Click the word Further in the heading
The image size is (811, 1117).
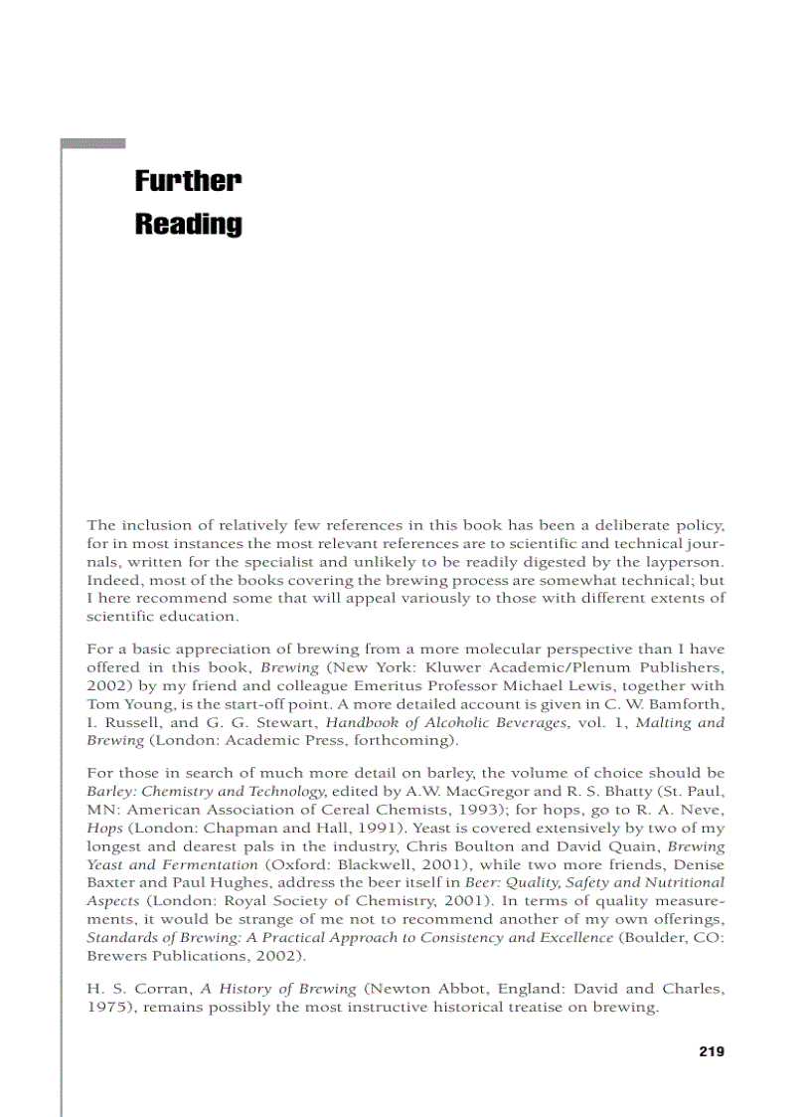[x=188, y=181]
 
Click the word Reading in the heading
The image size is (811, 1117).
[x=188, y=224]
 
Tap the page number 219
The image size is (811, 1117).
[x=711, y=1051]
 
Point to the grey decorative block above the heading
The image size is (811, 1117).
[x=92, y=144]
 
